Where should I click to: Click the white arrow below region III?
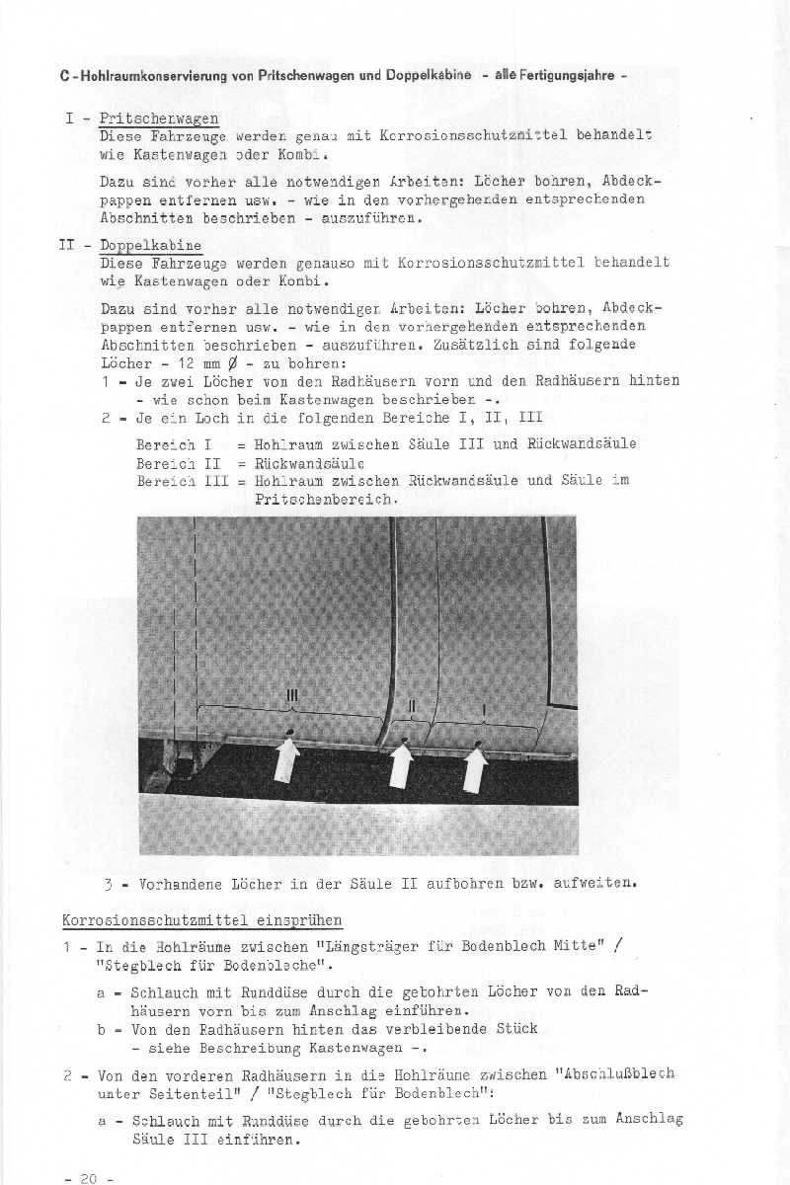tap(287, 759)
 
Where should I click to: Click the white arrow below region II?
tap(401, 764)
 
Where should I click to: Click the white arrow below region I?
tap(476, 769)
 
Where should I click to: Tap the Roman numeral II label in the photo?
tap(413, 705)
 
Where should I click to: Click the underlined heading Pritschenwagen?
tap(159, 118)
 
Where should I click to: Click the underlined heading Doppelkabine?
tap(151, 245)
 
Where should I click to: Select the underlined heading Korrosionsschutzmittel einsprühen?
tap(202, 920)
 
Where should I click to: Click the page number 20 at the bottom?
tap(88, 1178)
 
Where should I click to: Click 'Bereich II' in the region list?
tap(177, 462)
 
